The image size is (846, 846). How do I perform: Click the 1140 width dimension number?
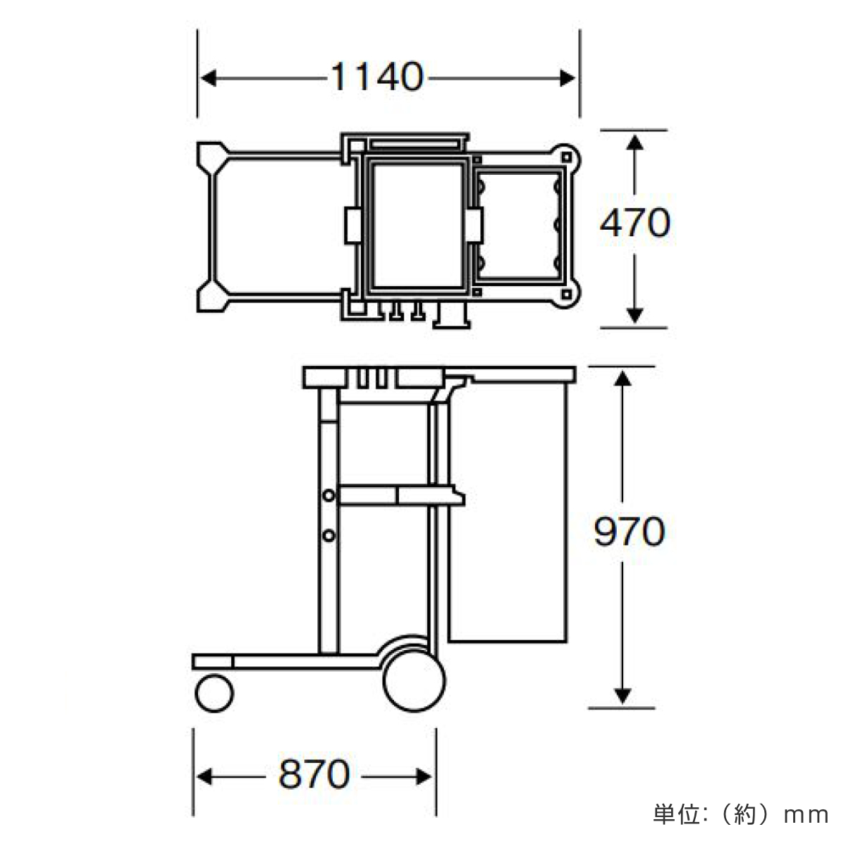click(x=377, y=78)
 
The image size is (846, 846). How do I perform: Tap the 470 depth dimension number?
click(x=634, y=223)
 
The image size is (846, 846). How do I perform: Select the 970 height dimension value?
click(x=629, y=532)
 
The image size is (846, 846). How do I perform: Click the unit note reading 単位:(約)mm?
click(x=741, y=815)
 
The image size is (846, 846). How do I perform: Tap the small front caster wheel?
click(x=214, y=694)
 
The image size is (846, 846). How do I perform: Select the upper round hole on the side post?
click(x=329, y=496)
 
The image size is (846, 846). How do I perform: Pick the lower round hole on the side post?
click(x=329, y=536)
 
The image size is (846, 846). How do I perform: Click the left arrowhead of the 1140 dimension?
click(x=209, y=78)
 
